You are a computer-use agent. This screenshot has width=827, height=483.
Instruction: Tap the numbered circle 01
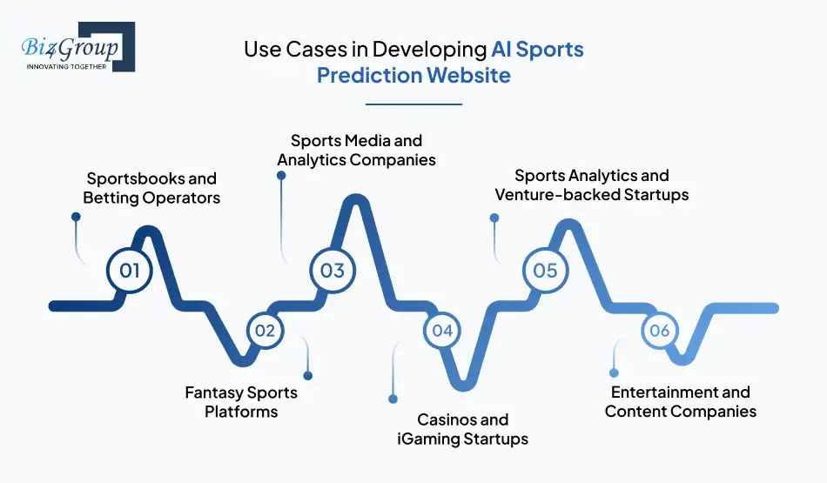point(129,270)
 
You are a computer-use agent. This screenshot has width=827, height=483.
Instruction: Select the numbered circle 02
point(265,331)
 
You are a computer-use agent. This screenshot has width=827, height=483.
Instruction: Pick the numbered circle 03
point(333,270)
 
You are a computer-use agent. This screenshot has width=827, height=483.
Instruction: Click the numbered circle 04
point(442,331)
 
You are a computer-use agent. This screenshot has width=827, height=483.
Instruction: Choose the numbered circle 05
point(545,270)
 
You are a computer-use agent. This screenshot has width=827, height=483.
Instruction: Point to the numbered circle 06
point(659,331)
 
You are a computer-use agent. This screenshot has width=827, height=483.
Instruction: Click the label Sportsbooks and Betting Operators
point(151,188)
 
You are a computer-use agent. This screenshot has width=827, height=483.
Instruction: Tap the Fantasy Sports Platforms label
point(241,402)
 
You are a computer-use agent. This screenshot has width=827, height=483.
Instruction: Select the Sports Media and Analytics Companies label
point(356,150)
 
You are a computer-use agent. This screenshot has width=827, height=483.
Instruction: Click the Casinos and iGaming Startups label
point(462,429)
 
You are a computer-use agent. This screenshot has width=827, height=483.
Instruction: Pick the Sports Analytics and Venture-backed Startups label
point(592,184)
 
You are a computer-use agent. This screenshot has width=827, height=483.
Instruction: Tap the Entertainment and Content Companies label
point(681,402)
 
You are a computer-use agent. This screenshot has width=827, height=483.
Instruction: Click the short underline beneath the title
point(413,104)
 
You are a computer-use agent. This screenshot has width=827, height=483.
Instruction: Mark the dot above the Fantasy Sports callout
point(307,376)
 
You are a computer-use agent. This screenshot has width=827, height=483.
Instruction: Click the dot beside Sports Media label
point(280,175)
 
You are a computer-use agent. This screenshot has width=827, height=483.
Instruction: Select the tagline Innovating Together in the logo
point(67,66)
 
